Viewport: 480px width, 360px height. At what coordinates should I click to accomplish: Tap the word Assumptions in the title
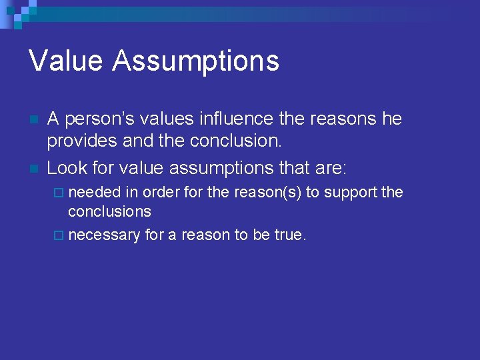195,61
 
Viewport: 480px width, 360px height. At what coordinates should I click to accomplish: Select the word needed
95,193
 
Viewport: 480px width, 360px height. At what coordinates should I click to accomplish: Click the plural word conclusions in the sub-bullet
109,211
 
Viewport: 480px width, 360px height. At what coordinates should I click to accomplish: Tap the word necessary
104,235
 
